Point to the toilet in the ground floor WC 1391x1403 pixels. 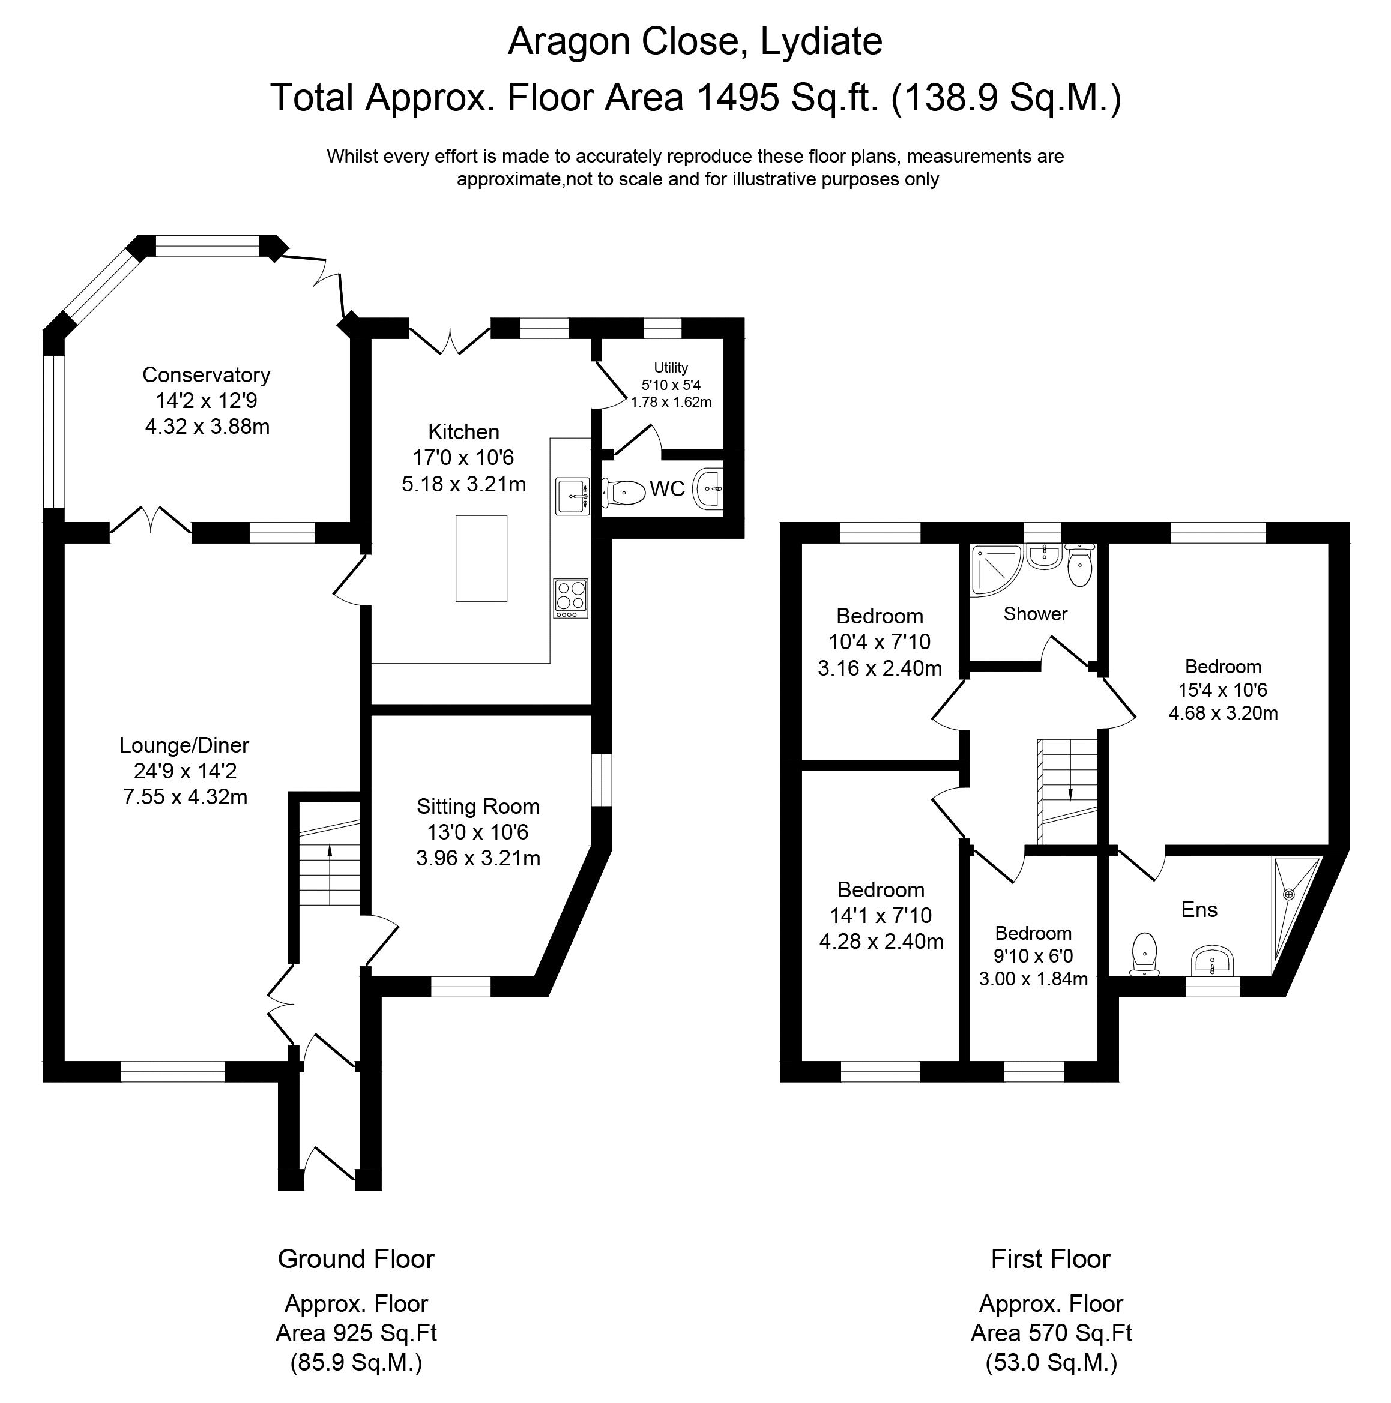point(625,493)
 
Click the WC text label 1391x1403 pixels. point(667,488)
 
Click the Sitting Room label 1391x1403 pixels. point(477,806)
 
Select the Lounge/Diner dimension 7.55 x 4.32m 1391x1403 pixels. point(186,797)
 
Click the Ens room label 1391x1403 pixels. point(1198,909)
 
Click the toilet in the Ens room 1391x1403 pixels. point(1145,953)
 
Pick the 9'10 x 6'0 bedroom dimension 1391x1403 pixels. point(1033,956)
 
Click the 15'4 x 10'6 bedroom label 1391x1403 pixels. point(1222,690)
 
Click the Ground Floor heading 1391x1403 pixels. point(355,1258)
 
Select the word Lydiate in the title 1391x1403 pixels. point(821,41)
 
